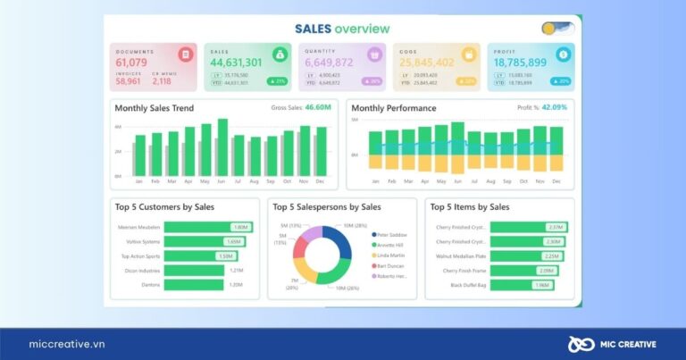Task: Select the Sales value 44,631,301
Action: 236,63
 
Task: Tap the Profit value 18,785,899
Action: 521,63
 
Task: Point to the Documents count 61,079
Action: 132,63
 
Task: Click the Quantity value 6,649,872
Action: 329,63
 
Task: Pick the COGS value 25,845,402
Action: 426,63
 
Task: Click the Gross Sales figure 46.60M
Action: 318,107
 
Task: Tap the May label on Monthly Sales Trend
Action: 205,181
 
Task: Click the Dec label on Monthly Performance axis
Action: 556,181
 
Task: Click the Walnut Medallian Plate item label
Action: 461,255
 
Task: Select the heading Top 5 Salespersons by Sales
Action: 327,207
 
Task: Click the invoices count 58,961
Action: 129,81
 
